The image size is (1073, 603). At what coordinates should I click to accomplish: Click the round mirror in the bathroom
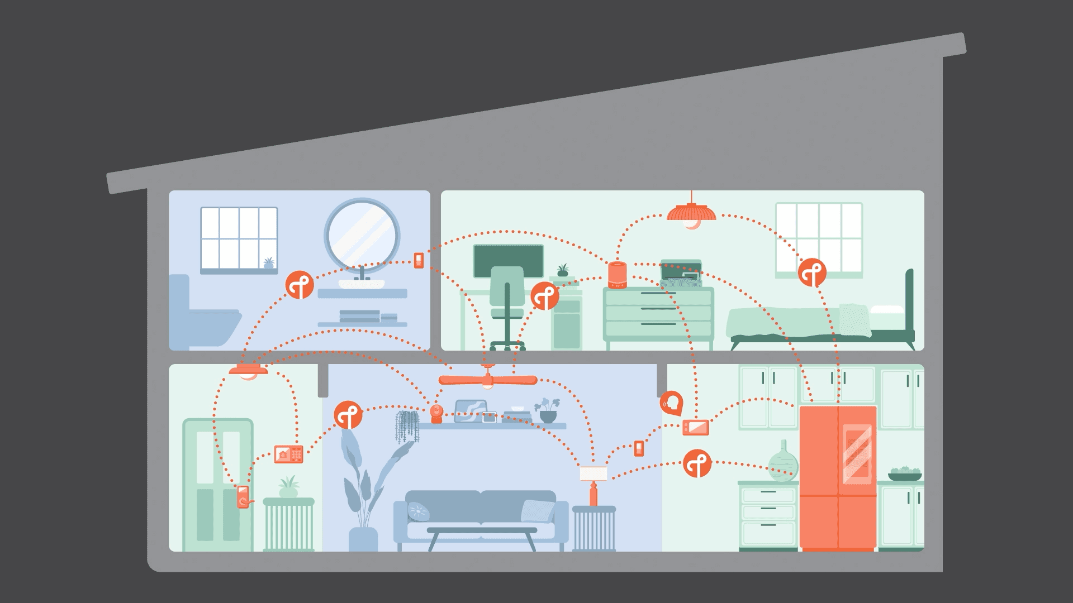[362, 234]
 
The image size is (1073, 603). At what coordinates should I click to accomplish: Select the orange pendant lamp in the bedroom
[691, 214]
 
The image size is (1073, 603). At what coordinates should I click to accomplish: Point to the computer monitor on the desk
[508, 260]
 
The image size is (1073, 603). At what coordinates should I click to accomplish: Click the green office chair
[507, 301]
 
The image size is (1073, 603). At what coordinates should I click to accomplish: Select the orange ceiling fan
[487, 380]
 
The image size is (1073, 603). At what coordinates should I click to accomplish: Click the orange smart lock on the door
[243, 496]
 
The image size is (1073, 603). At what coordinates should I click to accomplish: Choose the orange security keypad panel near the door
[288, 454]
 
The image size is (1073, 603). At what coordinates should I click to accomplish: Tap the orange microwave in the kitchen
[696, 428]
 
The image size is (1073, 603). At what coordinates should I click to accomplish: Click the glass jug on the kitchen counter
[783, 463]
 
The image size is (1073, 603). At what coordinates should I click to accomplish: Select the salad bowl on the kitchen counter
[905, 474]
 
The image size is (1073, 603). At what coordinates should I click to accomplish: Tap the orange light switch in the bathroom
[419, 260]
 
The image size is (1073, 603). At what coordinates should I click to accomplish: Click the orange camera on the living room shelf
[436, 414]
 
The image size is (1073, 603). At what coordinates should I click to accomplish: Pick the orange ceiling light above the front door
[248, 371]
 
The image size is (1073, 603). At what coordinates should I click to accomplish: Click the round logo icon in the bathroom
[300, 284]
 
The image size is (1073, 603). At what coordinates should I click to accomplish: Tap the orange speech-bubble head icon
[671, 403]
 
